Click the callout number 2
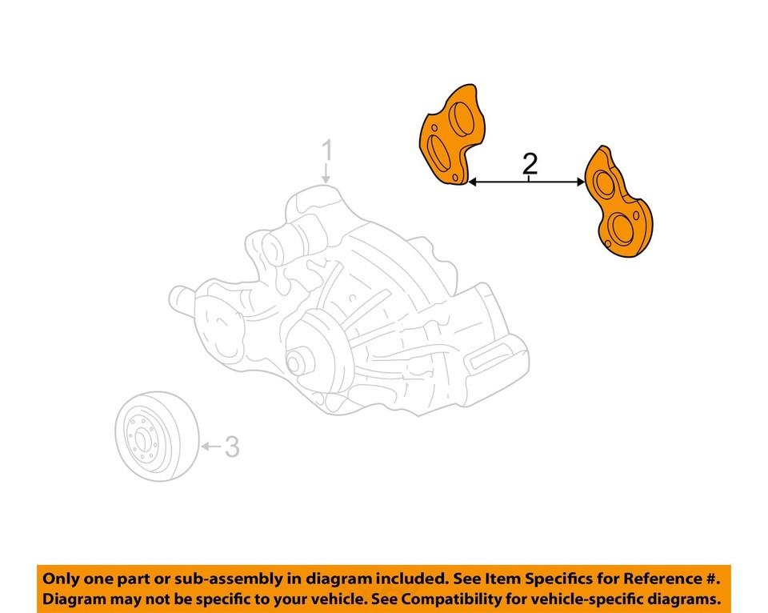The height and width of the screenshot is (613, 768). pyautogui.click(x=529, y=164)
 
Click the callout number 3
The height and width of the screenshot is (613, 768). pyautogui.click(x=231, y=447)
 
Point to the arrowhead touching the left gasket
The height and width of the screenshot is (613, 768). pyautogui.click(x=473, y=182)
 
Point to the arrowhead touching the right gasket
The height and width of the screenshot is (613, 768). pyautogui.click(x=579, y=182)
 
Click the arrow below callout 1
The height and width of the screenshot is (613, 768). pyautogui.click(x=326, y=172)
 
